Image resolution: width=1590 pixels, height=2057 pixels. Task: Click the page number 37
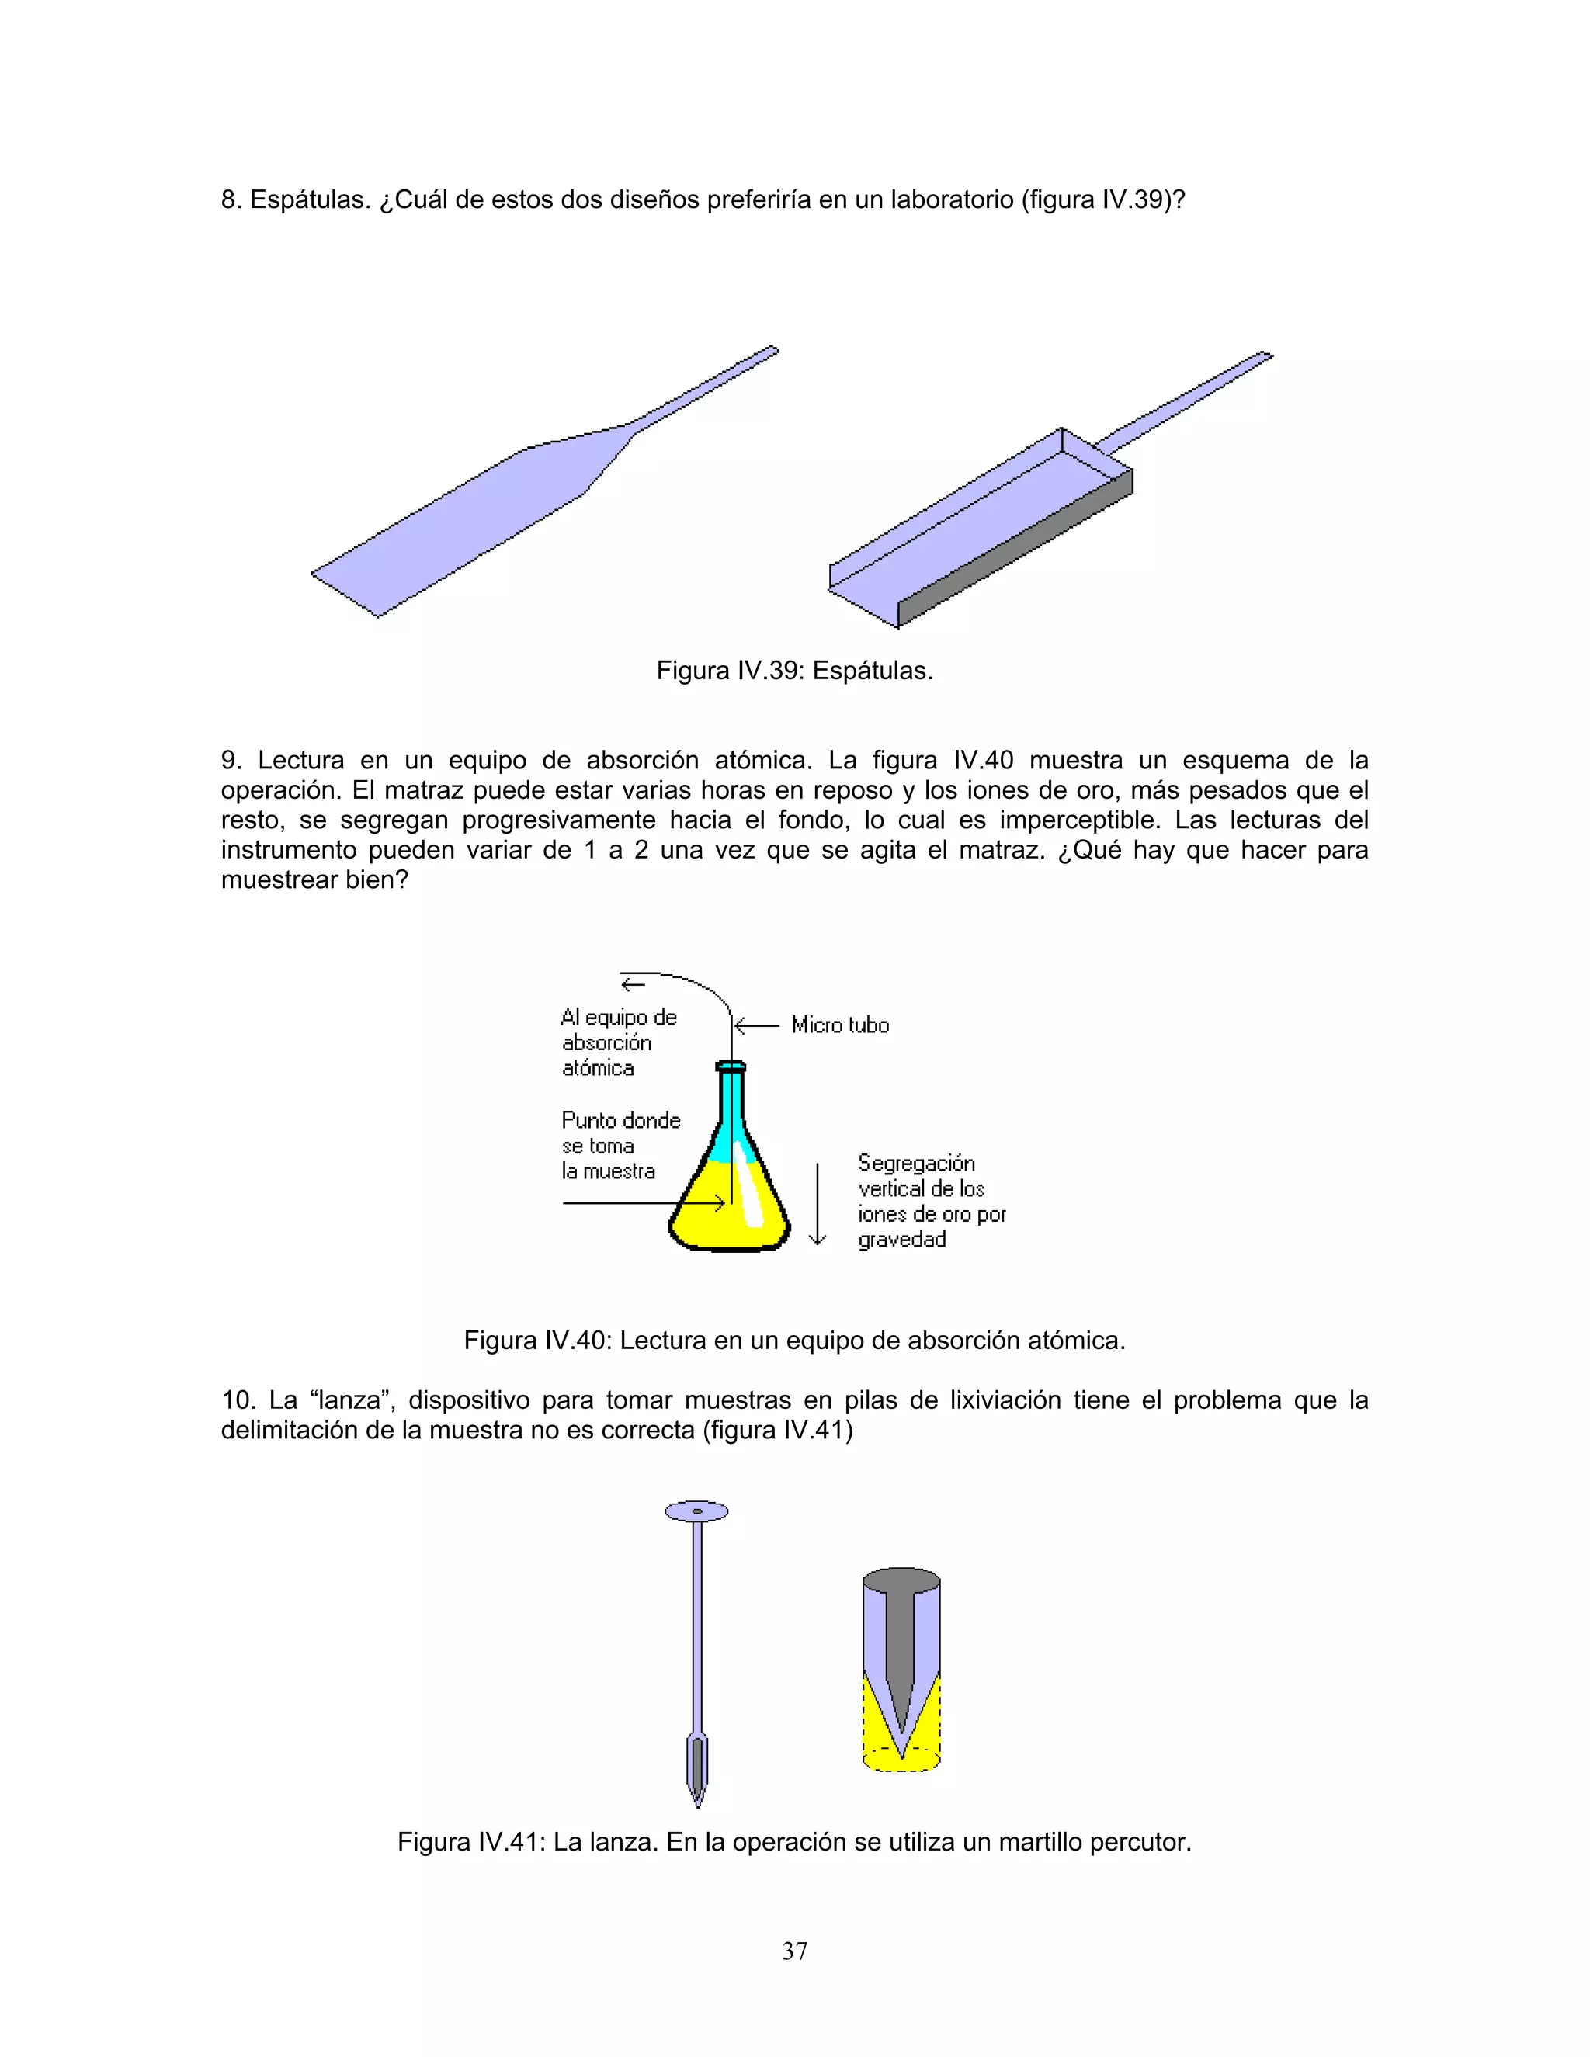click(x=794, y=1951)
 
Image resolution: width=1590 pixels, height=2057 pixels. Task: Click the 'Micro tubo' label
click(x=839, y=1025)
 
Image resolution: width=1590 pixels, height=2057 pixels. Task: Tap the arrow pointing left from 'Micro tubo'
click(x=756, y=1025)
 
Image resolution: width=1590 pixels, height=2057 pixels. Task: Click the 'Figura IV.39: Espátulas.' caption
click(x=794, y=671)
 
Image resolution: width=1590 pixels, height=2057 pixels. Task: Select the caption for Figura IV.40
click(x=794, y=1341)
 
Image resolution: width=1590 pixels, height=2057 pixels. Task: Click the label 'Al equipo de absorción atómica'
click(x=618, y=1042)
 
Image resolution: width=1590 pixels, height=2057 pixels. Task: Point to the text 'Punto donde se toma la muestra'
click(x=619, y=1145)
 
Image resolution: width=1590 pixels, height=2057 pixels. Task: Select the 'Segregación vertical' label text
click(x=931, y=1201)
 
